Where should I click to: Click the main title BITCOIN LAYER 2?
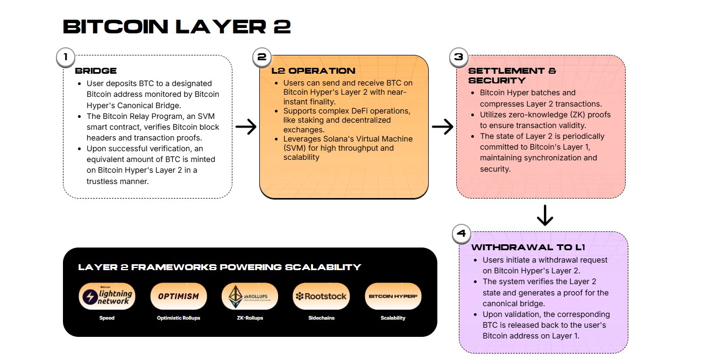[x=176, y=26]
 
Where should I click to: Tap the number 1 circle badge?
[x=66, y=57]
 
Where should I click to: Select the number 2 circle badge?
[x=262, y=57]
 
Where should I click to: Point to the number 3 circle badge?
[x=458, y=57]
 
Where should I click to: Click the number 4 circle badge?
[x=461, y=234]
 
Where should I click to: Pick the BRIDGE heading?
[x=96, y=70]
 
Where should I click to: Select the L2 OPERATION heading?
[x=313, y=70]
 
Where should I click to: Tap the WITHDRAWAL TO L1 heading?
[x=528, y=248]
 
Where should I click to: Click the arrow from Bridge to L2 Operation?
[x=246, y=126]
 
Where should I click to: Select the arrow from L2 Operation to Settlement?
[x=442, y=126]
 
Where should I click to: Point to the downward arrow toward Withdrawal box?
[x=545, y=215]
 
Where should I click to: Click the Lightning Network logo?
[x=107, y=297]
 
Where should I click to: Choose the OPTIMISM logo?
[x=178, y=297]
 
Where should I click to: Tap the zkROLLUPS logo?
[x=250, y=297]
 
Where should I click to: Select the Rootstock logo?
[x=321, y=297]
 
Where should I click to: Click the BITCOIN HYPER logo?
[x=393, y=297]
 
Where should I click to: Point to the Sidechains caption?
[x=321, y=318]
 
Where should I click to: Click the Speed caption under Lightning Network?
[x=107, y=318]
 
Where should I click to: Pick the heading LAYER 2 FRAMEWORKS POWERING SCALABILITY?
[x=219, y=267]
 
